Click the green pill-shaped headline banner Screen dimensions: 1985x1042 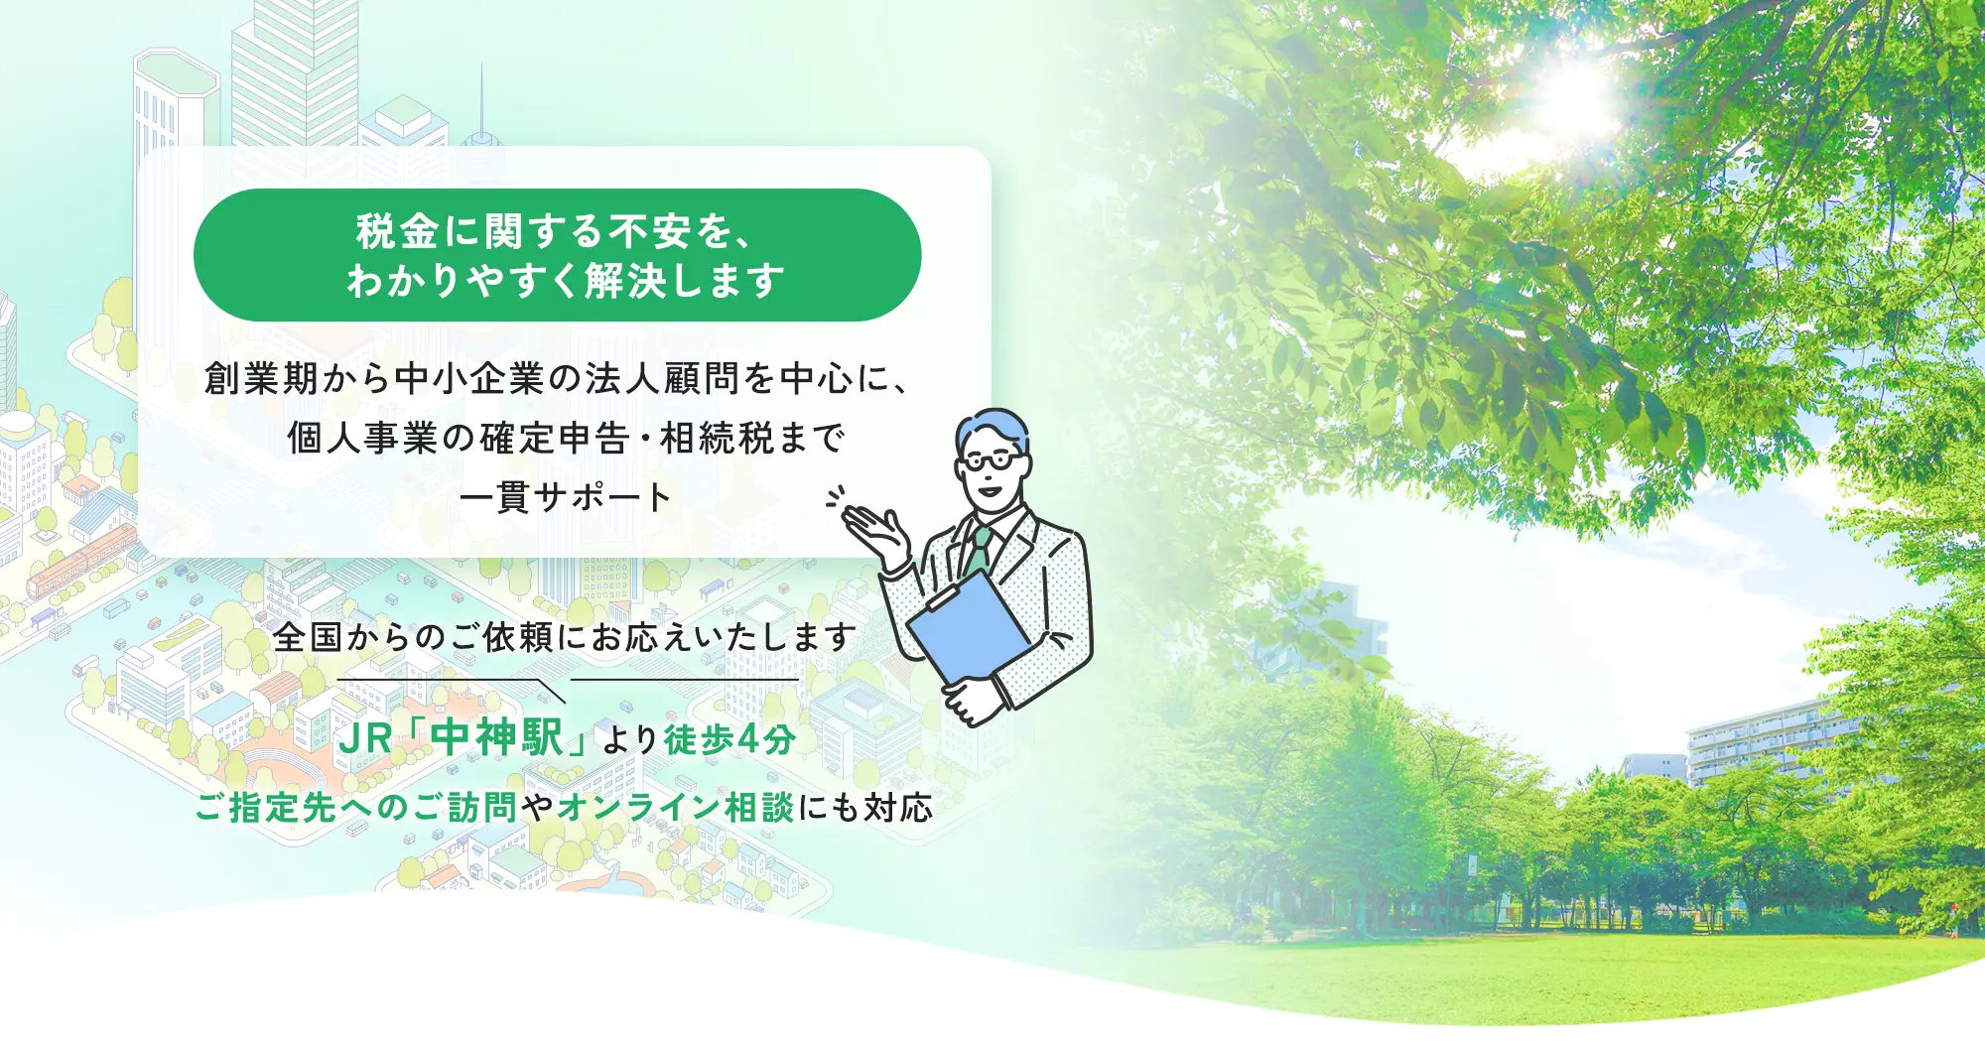coord(557,255)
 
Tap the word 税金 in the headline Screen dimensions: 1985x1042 coord(397,231)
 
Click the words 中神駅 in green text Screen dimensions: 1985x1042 coord(497,737)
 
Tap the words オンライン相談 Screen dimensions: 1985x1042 coord(676,808)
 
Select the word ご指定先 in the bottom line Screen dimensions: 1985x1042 coord(266,808)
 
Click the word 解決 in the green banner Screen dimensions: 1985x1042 coord(625,281)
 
